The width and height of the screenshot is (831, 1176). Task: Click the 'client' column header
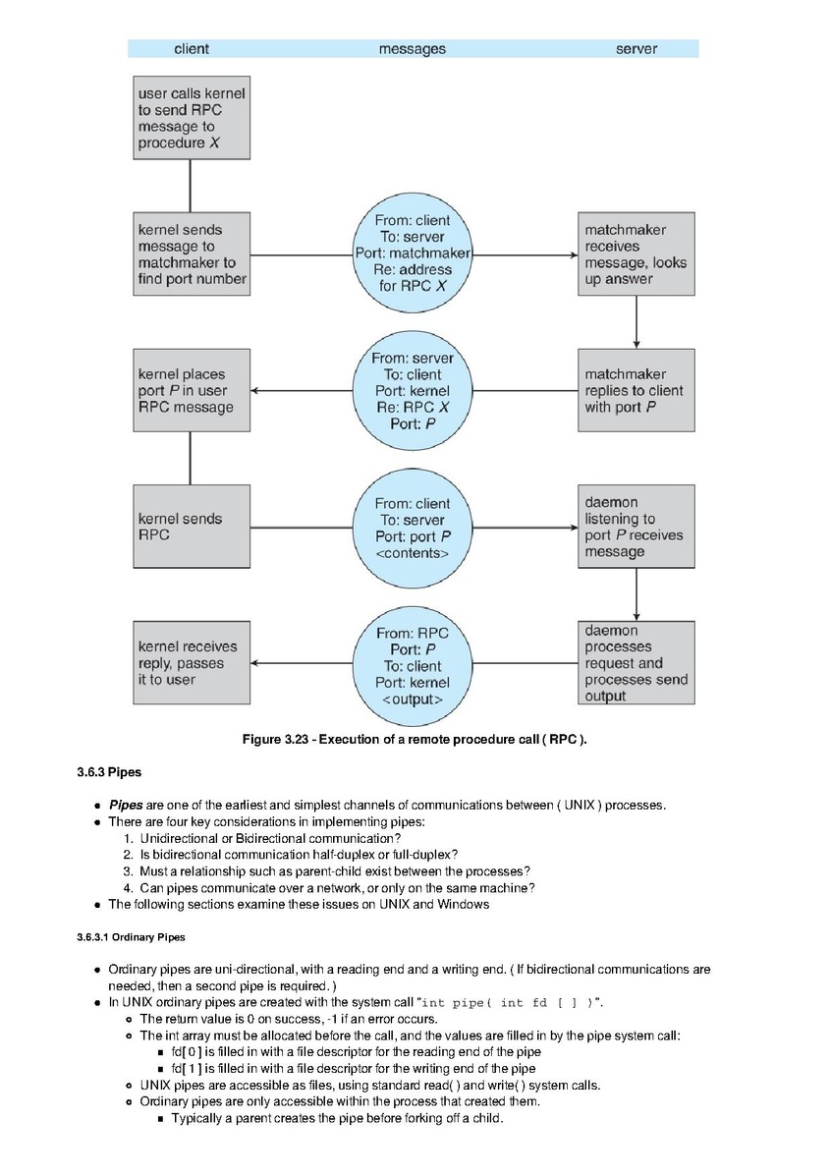pos(192,49)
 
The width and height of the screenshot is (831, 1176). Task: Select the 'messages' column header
pos(412,49)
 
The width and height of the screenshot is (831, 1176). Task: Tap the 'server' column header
pos(636,49)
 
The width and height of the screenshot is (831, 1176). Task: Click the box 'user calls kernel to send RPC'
pos(192,118)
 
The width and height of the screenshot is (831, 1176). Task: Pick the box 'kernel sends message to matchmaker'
pos(192,253)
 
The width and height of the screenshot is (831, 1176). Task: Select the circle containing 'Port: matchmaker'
pos(413,253)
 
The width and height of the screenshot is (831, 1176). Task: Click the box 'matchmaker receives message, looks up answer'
pos(636,253)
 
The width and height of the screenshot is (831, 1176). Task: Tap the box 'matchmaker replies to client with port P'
pos(636,390)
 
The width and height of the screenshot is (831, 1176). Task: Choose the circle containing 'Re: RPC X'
pos(413,391)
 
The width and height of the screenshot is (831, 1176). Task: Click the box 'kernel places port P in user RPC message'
pos(192,390)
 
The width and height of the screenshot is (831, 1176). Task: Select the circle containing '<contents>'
pos(413,528)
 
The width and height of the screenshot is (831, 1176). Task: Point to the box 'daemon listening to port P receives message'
pos(636,527)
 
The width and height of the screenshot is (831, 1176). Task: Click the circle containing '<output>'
pos(413,665)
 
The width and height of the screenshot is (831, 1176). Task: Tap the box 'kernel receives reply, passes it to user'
pos(192,662)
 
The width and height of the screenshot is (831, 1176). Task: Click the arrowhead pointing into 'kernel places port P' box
pos(254,391)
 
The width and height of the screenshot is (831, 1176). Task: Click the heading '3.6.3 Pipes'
pos(109,772)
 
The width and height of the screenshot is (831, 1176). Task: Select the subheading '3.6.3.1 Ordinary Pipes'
pos(131,937)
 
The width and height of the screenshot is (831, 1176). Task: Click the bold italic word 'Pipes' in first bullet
pos(126,806)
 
